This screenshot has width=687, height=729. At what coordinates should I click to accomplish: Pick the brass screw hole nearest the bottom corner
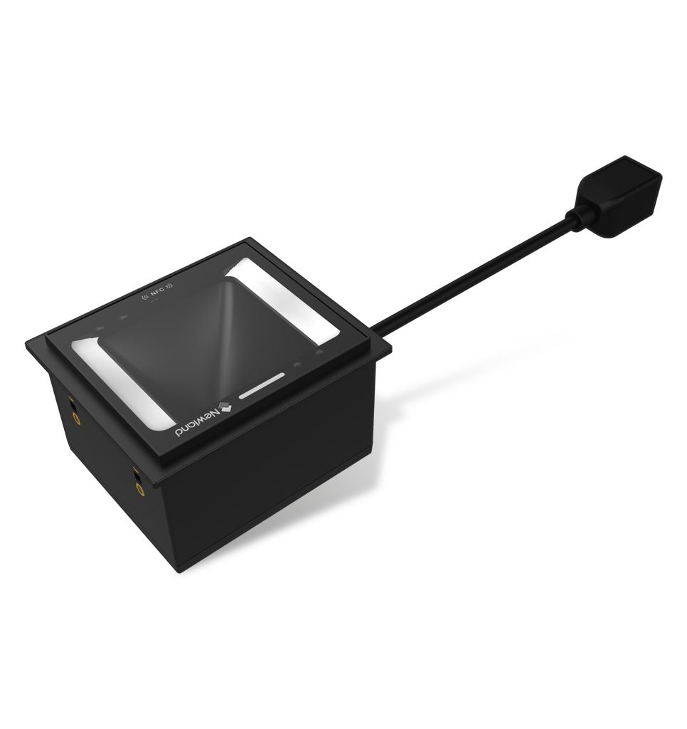click(x=138, y=488)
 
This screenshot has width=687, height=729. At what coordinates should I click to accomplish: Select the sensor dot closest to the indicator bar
click(x=297, y=364)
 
